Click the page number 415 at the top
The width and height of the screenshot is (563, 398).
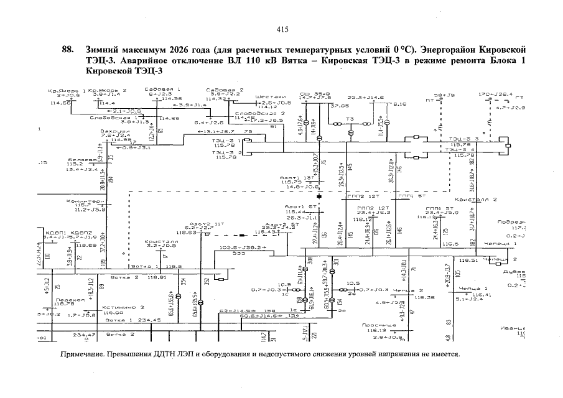[x=281, y=29]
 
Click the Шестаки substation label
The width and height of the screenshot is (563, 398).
[x=271, y=97]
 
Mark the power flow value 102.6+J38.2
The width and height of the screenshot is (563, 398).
[x=243, y=248]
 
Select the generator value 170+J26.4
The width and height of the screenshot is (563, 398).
[x=495, y=95]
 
